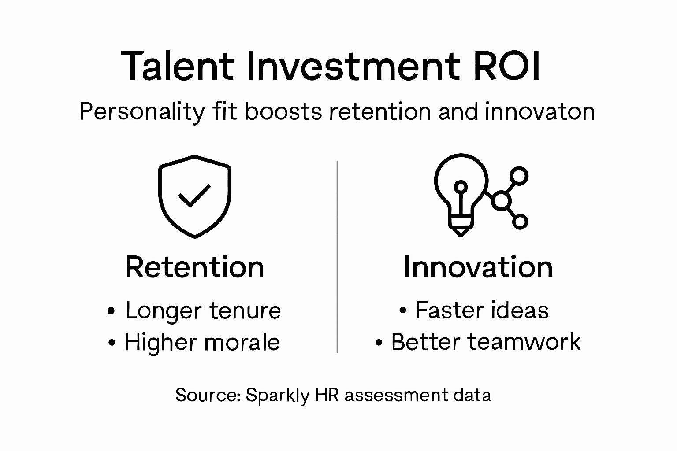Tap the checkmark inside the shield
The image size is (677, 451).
pyautogui.click(x=194, y=196)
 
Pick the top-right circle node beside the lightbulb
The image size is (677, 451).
pyautogui.click(x=520, y=176)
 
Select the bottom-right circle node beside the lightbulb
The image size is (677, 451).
pyautogui.click(x=520, y=222)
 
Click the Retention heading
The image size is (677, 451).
pyautogui.click(x=194, y=267)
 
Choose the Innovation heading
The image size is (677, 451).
pyautogui.click(x=478, y=267)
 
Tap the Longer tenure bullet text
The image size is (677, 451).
pyautogui.click(x=203, y=311)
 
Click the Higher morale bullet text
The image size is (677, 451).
pyautogui.click(x=202, y=342)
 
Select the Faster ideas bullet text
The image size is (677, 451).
pyautogui.click(x=482, y=310)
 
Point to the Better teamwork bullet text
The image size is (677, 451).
pyautogui.click(x=485, y=342)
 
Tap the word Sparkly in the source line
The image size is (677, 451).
pyautogui.click(x=278, y=395)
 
